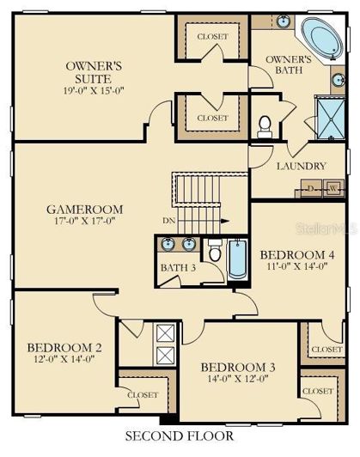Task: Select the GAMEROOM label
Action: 84,209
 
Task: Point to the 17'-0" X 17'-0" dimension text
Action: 84,222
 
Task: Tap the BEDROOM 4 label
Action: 296,254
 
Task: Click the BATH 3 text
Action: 178,267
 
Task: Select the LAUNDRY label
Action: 301,166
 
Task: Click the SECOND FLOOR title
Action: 180,436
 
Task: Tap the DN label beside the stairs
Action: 170,220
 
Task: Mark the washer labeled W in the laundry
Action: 330,188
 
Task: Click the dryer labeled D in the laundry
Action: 309,188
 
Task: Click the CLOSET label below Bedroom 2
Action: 142,395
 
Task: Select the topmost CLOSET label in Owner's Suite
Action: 211,37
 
